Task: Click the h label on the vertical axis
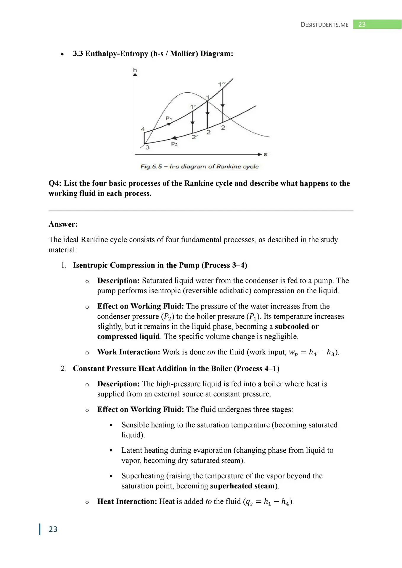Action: pos(135,70)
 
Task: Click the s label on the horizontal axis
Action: pos(265,154)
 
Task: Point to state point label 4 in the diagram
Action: pos(143,129)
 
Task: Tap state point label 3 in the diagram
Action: pos(147,147)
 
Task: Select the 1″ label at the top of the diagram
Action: pos(222,84)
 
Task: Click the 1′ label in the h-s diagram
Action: pos(193,107)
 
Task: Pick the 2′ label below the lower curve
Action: pos(194,137)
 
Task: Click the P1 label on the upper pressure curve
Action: pos(169,118)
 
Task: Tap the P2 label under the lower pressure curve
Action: pos(174,144)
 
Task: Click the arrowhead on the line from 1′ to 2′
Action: pos(192,123)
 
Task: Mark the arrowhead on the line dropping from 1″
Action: pos(223,105)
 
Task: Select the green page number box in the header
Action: pos(377,25)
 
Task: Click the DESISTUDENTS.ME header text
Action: pos(324,25)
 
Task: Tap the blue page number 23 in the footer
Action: pos(53,529)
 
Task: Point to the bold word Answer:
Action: pos(63,224)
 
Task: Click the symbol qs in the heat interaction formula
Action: pos(249,502)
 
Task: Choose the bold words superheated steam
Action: pos(242,486)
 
